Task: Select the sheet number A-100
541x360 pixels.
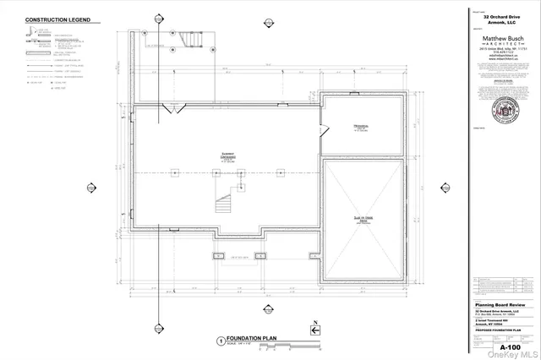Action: pyautogui.click(x=510, y=347)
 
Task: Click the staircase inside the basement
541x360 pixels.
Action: pyautogui.click(x=224, y=204)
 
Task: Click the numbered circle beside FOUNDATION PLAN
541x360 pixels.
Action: pyautogui.click(x=221, y=340)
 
